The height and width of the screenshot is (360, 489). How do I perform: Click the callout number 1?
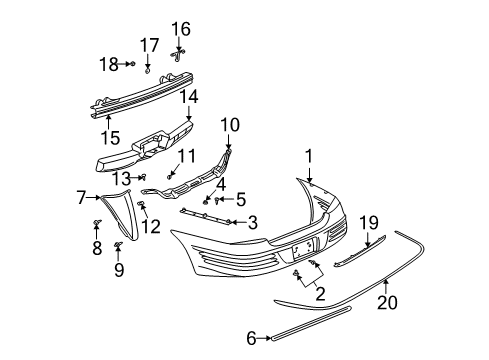pyautogui.click(x=310, y=155)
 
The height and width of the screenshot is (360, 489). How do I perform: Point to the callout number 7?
pyautogui.click(x=82, y=198)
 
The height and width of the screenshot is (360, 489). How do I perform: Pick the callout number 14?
pyautogui.click(x=189, y=96)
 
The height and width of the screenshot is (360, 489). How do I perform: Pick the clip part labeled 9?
pyautogui.click(x=118, y=245)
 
